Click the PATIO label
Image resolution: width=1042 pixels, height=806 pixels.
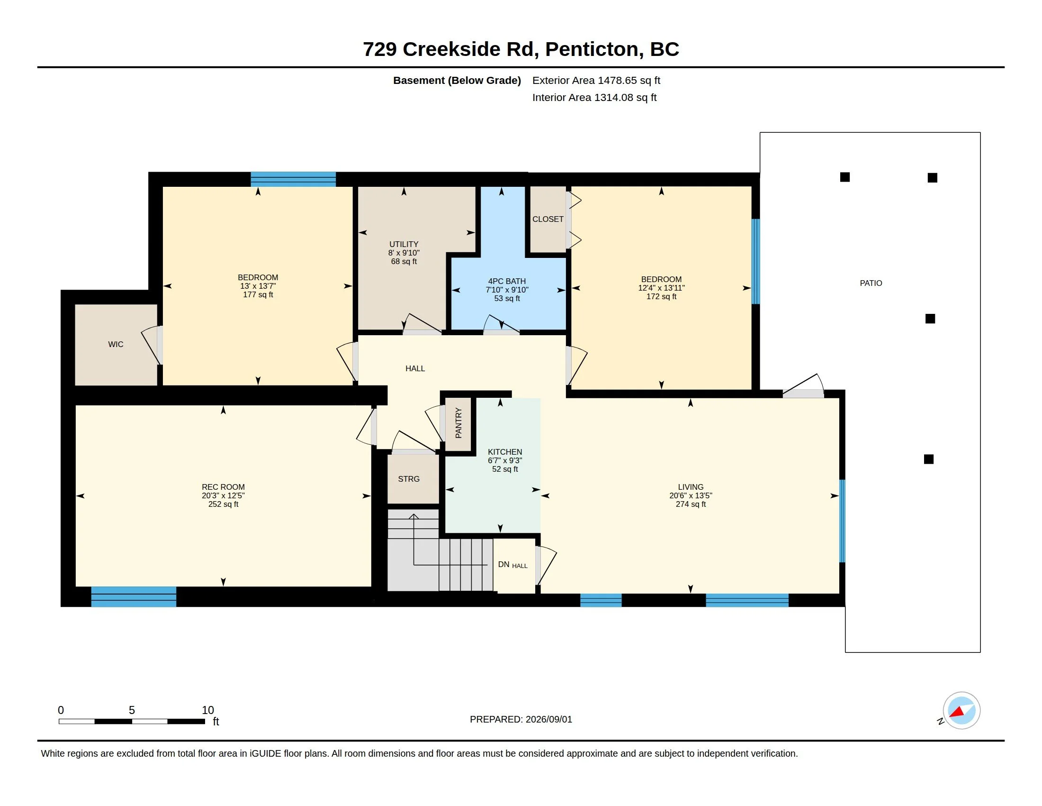coord(871,283)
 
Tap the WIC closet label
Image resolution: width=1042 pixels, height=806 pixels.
coord(116,344)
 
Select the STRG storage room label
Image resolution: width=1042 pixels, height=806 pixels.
coord(409,479)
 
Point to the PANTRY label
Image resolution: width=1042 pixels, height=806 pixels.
coord(458,422)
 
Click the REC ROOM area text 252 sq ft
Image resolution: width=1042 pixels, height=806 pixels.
coord(223,504)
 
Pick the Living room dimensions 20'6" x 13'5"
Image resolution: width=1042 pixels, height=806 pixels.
coord(691,495)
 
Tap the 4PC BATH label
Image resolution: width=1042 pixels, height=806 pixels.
coord(507,281)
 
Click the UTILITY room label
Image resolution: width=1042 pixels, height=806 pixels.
coord(404,244)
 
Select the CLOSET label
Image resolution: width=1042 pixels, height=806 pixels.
coord(548,219)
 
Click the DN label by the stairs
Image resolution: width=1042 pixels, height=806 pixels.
coord(503,564)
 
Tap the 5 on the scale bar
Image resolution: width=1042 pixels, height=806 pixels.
coord(132,710)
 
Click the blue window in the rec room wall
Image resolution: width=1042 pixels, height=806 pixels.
coord(134,597)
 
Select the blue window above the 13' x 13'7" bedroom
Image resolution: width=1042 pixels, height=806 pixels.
coord(293,179)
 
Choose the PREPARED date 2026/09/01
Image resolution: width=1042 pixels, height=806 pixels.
coord(548,719)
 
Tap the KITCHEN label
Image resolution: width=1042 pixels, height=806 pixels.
coord(505,452)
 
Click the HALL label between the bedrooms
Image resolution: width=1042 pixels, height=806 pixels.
coord(415,368)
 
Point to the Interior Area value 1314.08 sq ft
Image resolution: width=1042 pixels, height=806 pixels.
coord(625,97)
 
